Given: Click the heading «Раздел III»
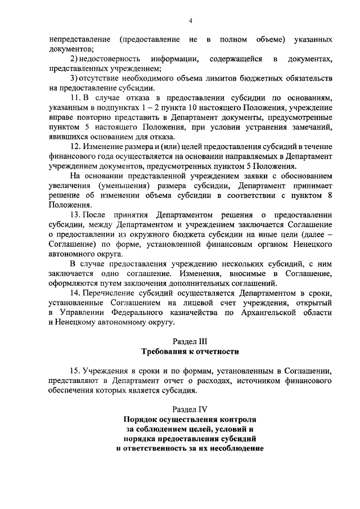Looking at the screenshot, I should click(191, 341).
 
